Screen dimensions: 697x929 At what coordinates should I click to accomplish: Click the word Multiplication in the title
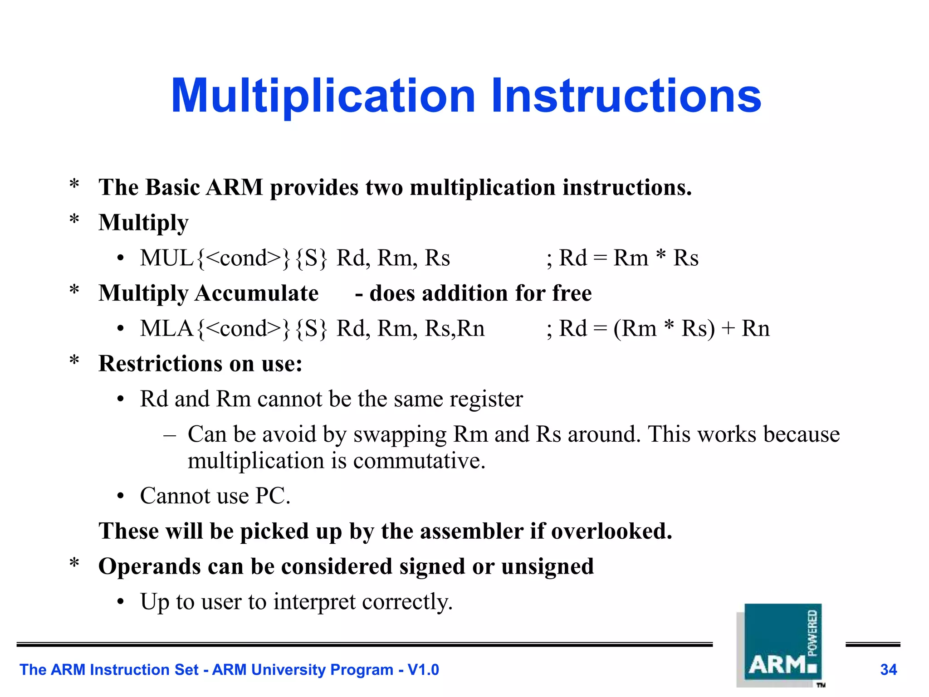click(323, 96)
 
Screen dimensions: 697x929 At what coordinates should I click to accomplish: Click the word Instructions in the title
click(626, 96)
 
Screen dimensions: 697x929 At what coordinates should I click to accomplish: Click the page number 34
click(888, 670)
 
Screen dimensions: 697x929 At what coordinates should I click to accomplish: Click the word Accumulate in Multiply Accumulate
click(256, 293)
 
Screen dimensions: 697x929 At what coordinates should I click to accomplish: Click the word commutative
click(419, 461)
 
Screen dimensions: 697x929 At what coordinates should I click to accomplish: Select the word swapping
click(400, 434)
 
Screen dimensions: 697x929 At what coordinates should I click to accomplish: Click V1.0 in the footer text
click(423, 670)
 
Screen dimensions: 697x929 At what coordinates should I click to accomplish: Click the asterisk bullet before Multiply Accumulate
click(74, 291)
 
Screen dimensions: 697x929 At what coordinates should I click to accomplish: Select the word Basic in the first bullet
click(172, 187)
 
